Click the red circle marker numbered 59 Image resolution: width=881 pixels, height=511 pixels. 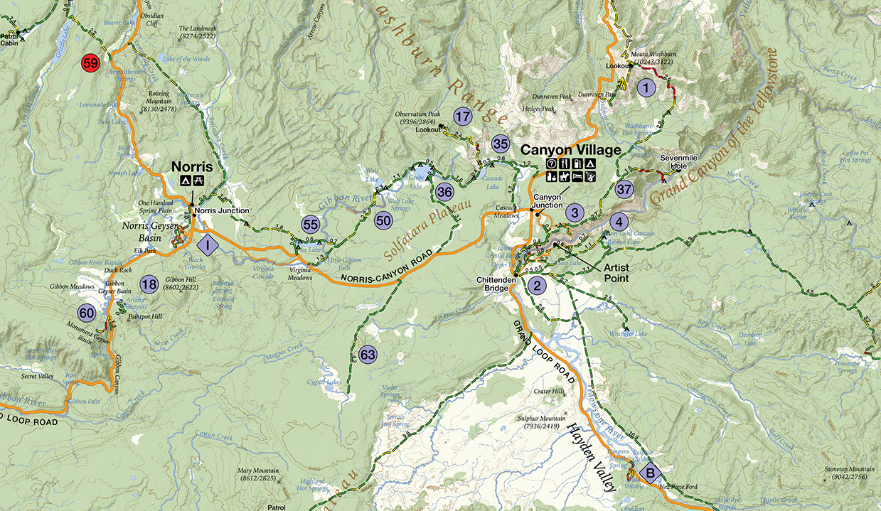coord(90,63)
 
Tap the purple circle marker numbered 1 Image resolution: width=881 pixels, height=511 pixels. coord(645,88)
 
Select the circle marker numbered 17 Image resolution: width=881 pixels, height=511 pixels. coord(463,117)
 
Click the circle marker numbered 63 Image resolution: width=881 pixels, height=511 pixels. coord(368,354)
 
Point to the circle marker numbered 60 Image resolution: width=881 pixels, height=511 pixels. coord(87,313)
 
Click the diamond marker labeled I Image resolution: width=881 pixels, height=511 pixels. coord(208,246)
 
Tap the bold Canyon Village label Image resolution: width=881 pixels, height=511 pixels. coord(571,151)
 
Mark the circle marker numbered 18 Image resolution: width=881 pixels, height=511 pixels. coord(149,285)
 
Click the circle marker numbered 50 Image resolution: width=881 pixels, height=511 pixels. coord(384,220)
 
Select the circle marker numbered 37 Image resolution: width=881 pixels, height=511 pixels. coord(624,190)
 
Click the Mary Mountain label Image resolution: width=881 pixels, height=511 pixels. coord(258,475)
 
